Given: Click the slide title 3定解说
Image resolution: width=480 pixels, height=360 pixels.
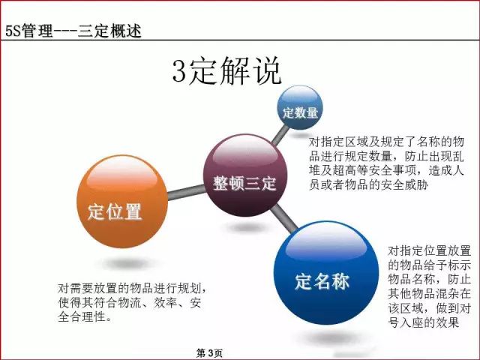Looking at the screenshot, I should [x=226, y=73].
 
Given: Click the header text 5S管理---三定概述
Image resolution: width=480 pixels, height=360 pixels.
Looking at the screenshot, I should [x=73, y=31].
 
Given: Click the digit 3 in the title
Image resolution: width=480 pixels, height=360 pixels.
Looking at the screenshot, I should [x=180, y=73].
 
